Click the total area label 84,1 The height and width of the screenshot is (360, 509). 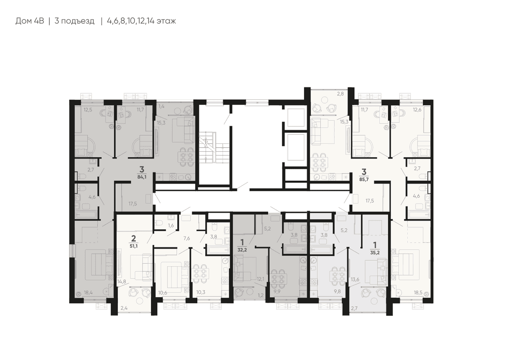click(142, 177)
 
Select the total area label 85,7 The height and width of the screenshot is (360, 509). click(364, 179)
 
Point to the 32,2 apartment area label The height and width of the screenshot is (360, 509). click(242, 250)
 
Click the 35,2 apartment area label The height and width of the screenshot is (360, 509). click(375, 252)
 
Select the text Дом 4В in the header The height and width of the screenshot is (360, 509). click(30, 21)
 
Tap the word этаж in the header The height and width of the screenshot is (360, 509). click(166, 21)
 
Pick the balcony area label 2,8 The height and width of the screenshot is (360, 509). click(340, 94)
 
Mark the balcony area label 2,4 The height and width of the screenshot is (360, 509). click(124, 308)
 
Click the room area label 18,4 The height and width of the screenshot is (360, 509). click(88, 293)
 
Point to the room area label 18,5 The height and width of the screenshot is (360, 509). click(418, 293)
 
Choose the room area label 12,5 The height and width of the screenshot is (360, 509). click(88, 110)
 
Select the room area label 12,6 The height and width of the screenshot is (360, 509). click(417, 110)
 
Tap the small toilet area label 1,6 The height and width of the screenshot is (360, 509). click(171, 225)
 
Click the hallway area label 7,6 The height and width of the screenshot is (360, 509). click(187, 238)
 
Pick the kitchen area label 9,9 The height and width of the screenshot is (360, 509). click(277, 292)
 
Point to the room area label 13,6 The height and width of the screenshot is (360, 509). click(355, 279)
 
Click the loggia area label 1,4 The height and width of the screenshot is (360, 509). click(161, 106)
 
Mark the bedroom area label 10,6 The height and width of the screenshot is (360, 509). click(163, 293)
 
